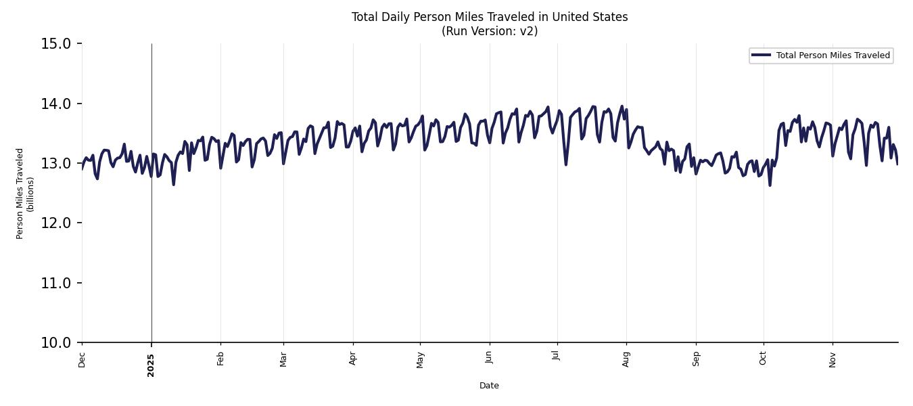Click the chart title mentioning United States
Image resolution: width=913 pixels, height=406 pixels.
(490, 17)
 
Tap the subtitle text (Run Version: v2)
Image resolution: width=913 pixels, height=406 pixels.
(490, 31)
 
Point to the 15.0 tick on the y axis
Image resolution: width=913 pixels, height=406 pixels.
(56, 44)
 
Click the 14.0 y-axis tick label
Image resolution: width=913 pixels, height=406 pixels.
(56, 104)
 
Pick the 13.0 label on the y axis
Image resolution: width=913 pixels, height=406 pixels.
(56, 164)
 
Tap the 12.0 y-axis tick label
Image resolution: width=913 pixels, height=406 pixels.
(56, 223)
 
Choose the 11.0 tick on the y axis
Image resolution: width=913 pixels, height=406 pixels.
(56, 283)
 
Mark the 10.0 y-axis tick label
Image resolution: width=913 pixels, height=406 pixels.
(56, 343)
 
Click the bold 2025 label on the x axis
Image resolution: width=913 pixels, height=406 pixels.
(151, 365)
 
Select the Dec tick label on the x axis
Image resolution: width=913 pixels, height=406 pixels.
(83, 360)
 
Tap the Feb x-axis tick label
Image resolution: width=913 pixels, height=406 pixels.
(220, 359)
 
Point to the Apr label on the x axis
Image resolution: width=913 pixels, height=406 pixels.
(353, 359)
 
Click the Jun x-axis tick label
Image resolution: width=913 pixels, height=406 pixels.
(489, 359)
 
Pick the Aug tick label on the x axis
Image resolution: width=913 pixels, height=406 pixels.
(626, 359)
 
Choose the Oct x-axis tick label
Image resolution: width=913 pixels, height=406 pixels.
(763, 359)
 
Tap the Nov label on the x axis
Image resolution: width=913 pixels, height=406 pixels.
(833, 359)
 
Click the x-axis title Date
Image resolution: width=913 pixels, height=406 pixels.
(489, 386)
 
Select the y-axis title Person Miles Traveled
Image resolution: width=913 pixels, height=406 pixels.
(20, 194)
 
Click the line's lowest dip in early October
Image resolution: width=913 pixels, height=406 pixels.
(770, 185)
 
